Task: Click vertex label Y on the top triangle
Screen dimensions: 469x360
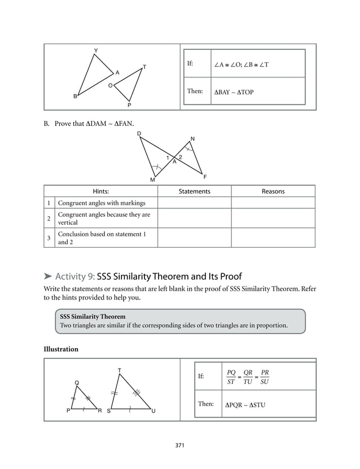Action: point(96,51)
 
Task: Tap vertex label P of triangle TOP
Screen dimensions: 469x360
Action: point(129,105)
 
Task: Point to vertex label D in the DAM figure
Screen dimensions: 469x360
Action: point(139,134)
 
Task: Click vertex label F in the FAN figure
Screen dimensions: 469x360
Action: point(205,177)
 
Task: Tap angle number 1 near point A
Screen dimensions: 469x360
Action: point(168,157)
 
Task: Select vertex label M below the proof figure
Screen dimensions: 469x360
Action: point(152,180)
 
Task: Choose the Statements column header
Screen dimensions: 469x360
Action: point(194,191)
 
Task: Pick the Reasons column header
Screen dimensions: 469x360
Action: point(273,191)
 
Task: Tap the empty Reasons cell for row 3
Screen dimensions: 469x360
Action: point(273,238)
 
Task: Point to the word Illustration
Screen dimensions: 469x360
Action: point(61,349)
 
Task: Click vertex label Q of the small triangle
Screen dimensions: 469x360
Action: point(77,383)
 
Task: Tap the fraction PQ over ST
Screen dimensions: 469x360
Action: point(231,376)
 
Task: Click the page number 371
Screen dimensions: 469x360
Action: point(180,445)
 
